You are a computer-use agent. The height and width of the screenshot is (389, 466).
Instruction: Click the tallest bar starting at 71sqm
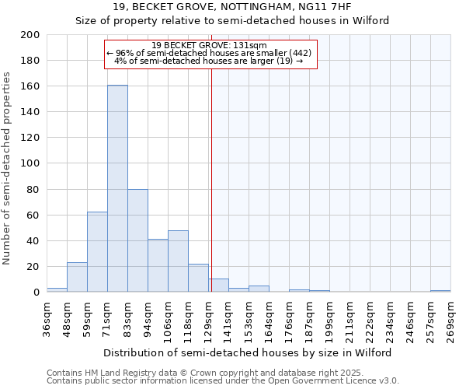117,188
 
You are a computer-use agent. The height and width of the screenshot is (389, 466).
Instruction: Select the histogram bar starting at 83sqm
137,240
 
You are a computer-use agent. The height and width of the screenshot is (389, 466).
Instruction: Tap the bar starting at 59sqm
97,252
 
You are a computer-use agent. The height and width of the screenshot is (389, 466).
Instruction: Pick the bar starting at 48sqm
77,277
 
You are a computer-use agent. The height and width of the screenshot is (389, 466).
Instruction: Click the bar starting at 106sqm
178,261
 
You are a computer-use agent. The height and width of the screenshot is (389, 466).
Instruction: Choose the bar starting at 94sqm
158,265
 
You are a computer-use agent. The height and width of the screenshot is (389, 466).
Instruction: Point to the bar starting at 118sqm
198,278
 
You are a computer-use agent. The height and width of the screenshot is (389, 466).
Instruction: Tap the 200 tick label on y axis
30,35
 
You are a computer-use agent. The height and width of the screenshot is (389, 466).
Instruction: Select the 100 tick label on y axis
30,163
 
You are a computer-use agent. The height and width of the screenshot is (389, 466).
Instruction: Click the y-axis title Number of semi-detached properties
8,168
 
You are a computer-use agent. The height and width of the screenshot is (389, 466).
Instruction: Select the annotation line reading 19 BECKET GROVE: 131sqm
210,45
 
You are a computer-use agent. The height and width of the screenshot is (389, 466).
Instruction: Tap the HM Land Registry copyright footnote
222,373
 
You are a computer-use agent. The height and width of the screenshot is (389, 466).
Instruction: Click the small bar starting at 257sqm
440,291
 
